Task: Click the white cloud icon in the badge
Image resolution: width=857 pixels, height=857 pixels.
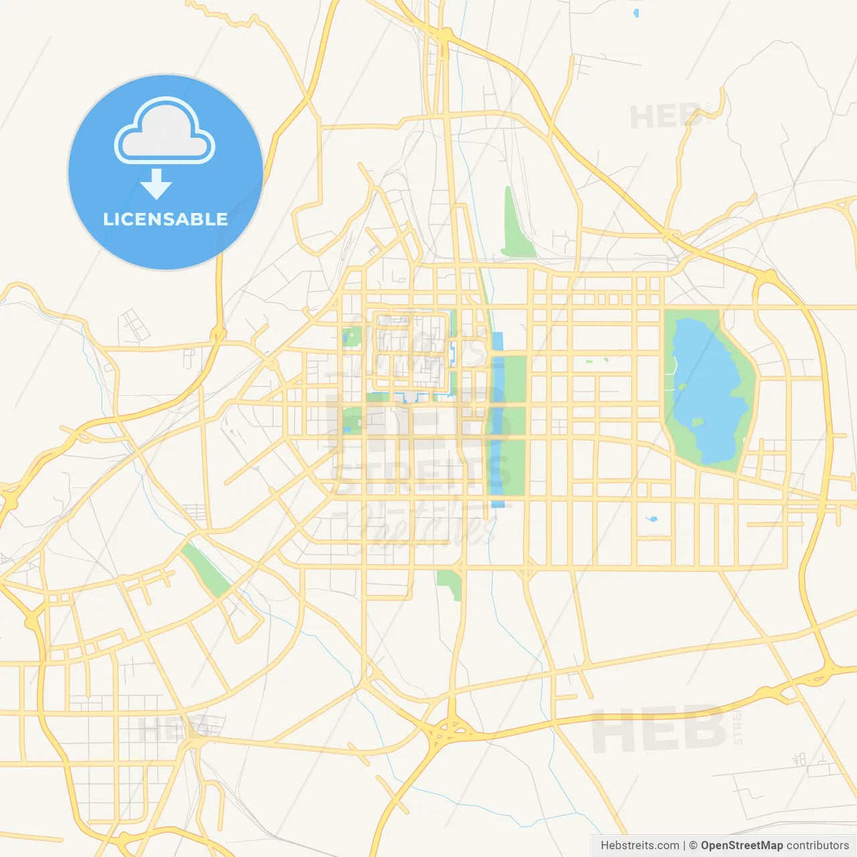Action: point(165,131)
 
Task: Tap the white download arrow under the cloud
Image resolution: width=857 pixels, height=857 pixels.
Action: point(156,184)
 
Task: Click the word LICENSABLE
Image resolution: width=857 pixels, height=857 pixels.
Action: point(165,219)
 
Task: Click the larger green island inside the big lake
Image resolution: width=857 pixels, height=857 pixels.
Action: point(697,422)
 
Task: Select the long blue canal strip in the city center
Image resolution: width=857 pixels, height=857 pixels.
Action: point(497,428)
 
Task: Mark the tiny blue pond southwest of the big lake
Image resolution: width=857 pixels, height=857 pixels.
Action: point(651,519)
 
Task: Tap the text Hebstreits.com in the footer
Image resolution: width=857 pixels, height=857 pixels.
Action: point(639,846)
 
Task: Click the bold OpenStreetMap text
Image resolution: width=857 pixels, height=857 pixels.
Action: point(741,846)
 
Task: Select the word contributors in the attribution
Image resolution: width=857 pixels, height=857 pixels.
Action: point(817,846)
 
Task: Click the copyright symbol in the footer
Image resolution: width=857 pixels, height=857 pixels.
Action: point(693,846)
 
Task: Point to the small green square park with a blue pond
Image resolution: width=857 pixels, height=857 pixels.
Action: point(352,337)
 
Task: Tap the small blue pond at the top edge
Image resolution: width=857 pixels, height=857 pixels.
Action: point(635,12)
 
